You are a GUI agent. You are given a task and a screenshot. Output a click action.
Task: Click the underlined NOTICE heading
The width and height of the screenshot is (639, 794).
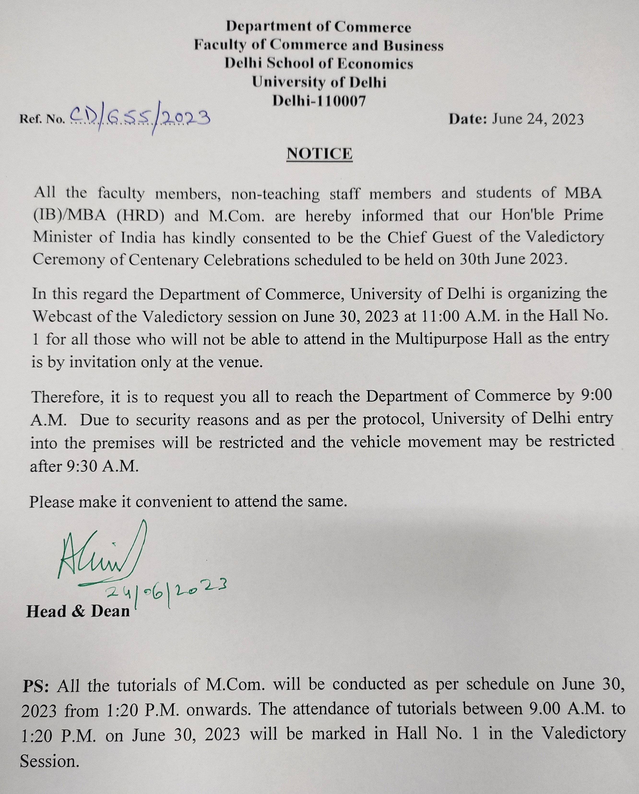click(319, 154)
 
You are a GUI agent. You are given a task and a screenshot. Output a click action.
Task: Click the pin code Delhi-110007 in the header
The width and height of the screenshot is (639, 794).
click(319, 101)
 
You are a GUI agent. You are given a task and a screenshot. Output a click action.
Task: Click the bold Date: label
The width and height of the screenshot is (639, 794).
click(468, 119)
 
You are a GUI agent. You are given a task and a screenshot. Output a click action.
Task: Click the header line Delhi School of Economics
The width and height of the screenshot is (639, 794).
click(319, 64)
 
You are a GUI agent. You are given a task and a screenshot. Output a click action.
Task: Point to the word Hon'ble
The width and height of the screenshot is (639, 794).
click(527, 215)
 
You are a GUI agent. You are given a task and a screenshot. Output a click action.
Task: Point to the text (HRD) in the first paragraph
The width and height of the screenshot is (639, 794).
click(140, 216)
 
